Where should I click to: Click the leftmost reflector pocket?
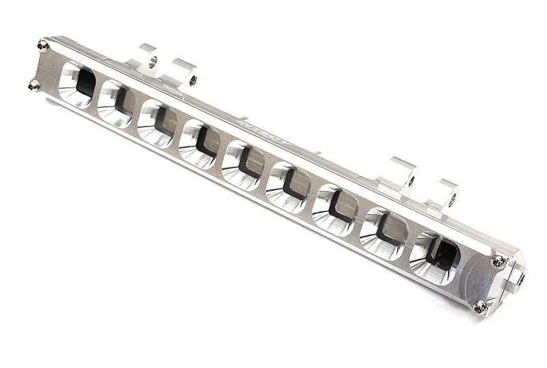click(x=78, y=86)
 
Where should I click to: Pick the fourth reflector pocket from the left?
click(x=199, y=144)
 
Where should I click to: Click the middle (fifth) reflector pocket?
click(x=243, y=165)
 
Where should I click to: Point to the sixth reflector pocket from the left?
click(x=287, y=185)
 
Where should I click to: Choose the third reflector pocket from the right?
click(x=334, y=208)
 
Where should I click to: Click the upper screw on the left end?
click(x=42, y=46)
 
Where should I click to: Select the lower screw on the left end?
click(x=34, y=85)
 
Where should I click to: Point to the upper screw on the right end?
click(x=498, y=261)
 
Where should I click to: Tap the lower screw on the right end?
click(x=481, y=307)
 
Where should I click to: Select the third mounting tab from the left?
click(x=404, y=174)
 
